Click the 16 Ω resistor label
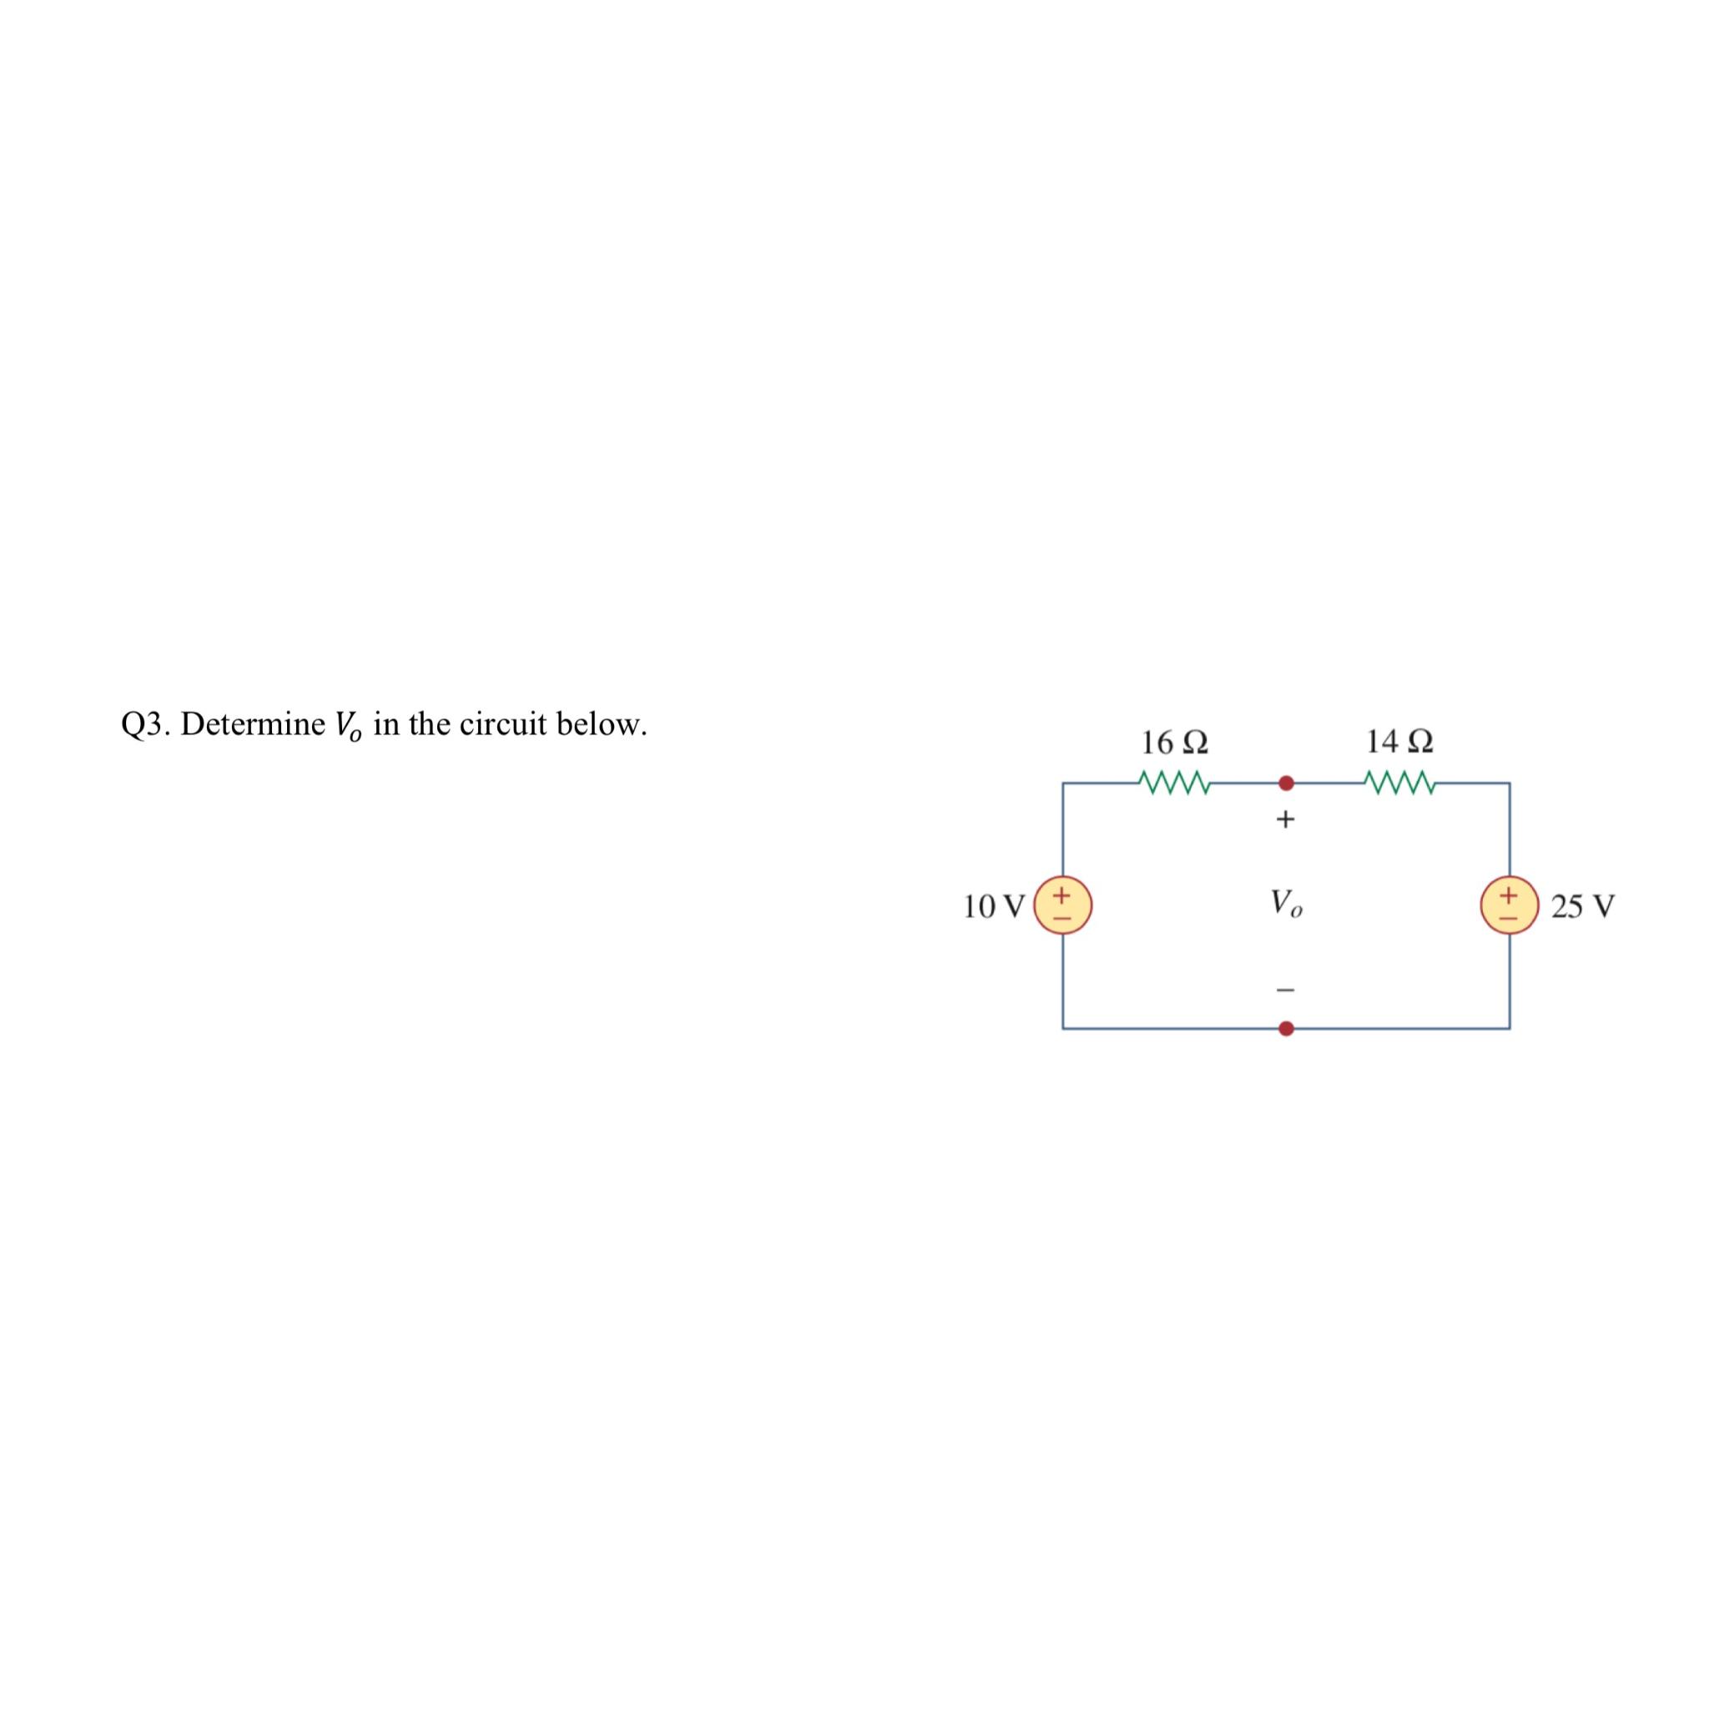pyautogui.click(x=1175, y=742)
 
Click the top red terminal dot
pyautogui.click(x=1287, y=783)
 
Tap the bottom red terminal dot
pyautogui.click(x=1287, y=1029)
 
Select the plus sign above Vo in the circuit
pyautogui.click(x=1285, y=820)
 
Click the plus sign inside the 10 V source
pyautogui.click(x=1062, y=895)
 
